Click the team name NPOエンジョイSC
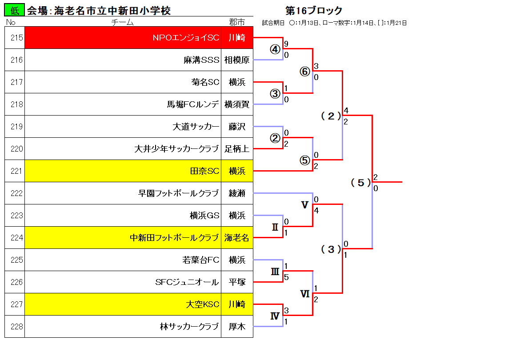click(186, 38)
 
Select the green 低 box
click(14, 10)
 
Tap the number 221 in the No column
click(16, 171)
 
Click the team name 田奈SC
click(204, 171)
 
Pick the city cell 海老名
click(237, 237)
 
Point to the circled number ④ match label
click(275, 49)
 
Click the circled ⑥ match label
click(304, 72)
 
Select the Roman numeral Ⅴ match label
click(304, 205)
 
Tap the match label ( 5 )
click(360, 183)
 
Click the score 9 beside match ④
click(286, 44)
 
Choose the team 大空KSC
click(203, 304)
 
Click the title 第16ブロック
click(314, 11)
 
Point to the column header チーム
click(123, 22)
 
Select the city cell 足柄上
click(237, 148)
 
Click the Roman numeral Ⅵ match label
click(304, 294)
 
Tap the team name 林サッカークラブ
click(189, 326)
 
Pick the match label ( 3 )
click(331, 249)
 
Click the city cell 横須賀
click(237, 104)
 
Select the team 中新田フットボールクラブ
click(174, 237)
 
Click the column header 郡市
click(237, 22)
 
